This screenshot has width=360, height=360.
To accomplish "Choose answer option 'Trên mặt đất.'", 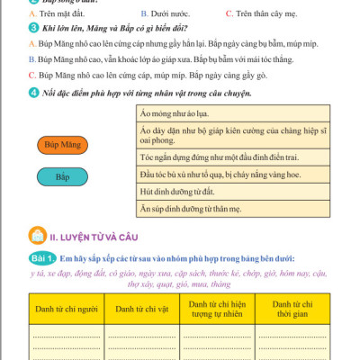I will (63, 14).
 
